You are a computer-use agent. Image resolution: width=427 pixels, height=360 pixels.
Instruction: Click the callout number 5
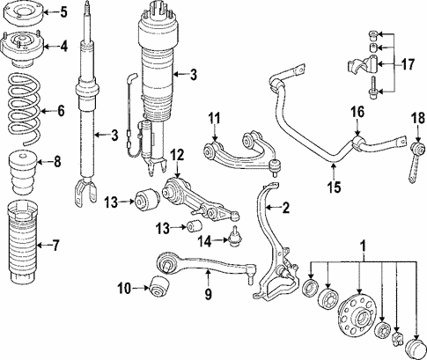(x=64, y=12)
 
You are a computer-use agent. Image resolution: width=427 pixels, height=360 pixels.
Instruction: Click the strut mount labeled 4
(x=22, y=48)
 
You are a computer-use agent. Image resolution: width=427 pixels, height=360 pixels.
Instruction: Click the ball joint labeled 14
(x=233, y=237)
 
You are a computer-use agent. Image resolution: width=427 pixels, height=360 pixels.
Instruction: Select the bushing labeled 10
(x=159, y=286)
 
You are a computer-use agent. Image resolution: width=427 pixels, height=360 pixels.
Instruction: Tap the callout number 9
(x=208, y=294)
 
